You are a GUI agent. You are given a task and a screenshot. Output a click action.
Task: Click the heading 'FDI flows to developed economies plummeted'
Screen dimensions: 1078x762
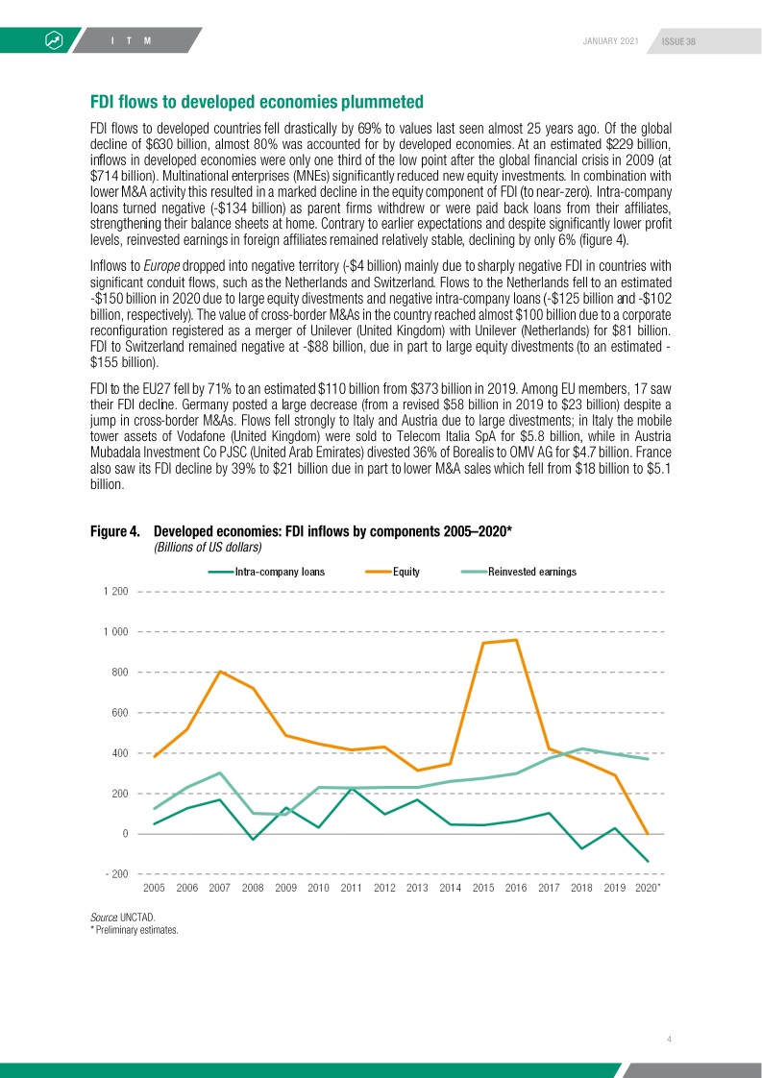(x=257, y=102)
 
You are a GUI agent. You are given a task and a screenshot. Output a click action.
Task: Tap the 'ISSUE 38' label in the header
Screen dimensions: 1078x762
(x=678, y=40)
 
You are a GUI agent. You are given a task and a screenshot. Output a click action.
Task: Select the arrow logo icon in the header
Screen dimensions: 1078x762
(x=54, y=40)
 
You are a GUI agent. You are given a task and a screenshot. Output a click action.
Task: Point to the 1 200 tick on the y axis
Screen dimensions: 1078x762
(x=114, y=591)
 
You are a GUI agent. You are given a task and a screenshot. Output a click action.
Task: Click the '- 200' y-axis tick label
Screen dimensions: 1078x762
(x=114, y=873)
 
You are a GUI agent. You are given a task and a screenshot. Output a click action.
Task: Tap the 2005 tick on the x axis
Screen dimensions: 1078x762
(x=154, y=888)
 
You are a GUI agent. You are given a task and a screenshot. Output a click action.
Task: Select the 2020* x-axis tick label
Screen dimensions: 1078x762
(x=649, y=888)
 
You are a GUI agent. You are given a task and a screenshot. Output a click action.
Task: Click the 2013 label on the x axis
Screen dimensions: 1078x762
(x=417, y=888)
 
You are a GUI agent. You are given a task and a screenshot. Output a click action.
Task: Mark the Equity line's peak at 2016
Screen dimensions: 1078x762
(x=516, y=640)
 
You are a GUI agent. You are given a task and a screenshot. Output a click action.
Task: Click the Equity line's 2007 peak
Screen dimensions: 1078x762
(x=220, y=672)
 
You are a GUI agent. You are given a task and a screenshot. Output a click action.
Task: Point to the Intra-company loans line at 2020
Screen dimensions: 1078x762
(x=648, y=861)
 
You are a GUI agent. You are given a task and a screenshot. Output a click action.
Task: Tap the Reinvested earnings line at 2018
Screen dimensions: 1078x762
(x=581, y=748)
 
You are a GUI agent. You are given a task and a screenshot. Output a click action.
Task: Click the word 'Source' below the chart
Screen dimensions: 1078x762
(x=104, y=918)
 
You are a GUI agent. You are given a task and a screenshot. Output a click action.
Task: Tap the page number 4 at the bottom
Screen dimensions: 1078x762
(x=670, y=1039)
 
